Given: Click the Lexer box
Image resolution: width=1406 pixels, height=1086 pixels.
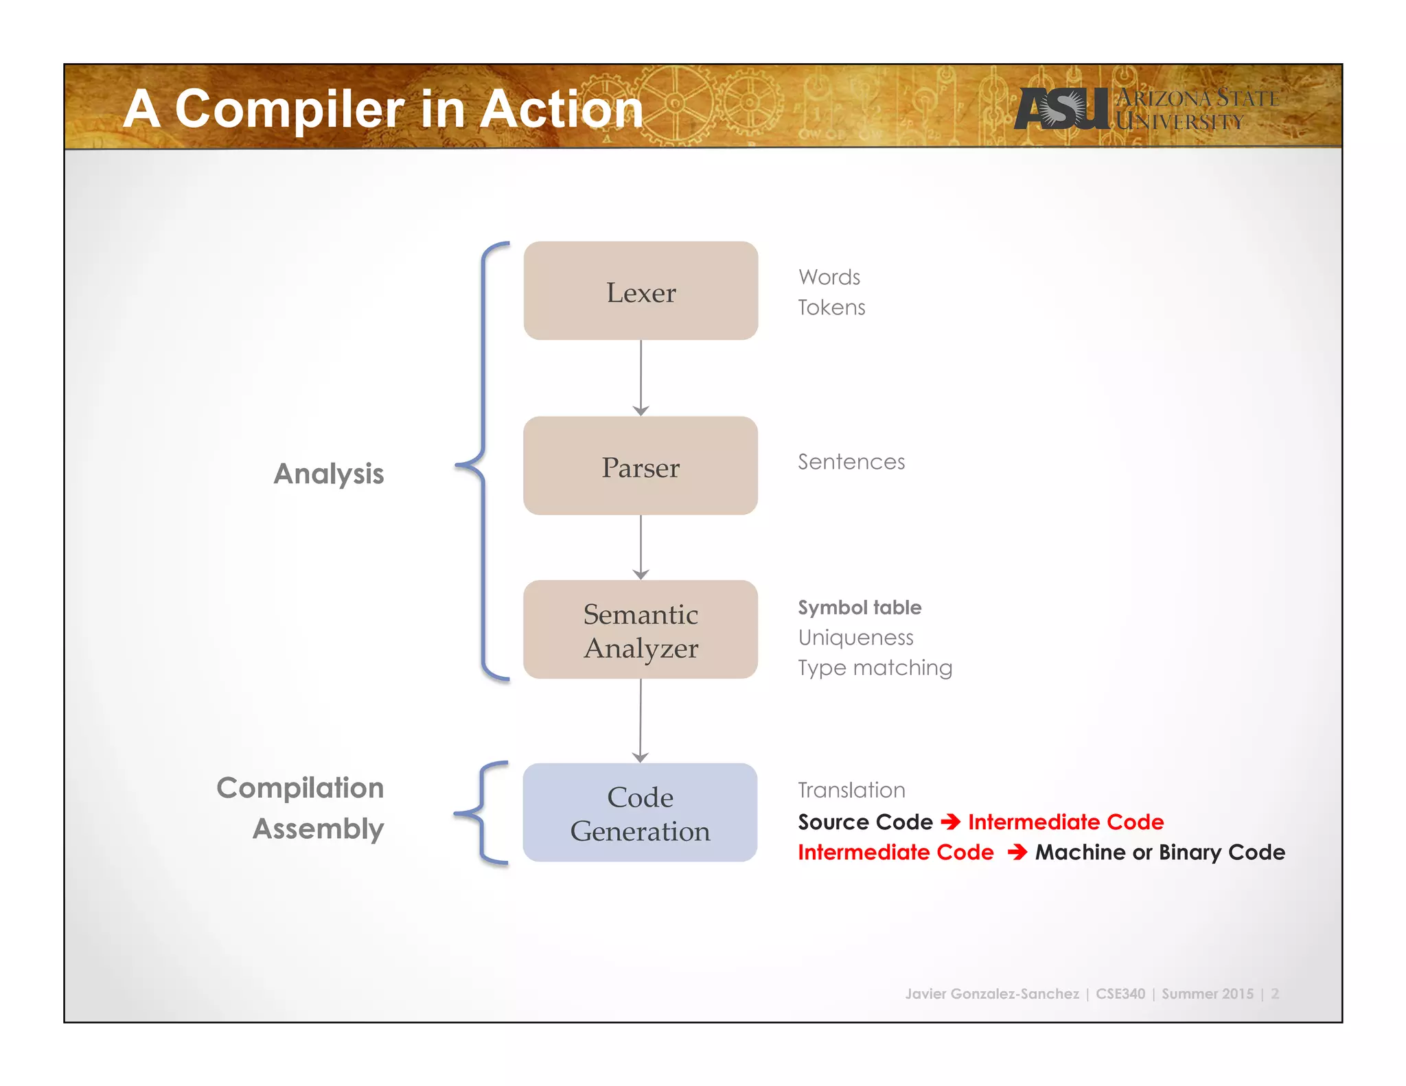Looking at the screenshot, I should point(641,290).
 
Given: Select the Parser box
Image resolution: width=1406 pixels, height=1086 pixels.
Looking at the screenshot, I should point(641,465).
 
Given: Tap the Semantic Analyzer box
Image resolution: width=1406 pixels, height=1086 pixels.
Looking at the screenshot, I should point(641,629).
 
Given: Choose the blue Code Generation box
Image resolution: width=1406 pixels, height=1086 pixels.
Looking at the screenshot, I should point(640,813).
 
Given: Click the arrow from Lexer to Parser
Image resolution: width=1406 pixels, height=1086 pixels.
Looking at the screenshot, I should point(641,378).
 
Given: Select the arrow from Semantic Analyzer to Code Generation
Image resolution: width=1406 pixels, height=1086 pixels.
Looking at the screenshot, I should point(641,721).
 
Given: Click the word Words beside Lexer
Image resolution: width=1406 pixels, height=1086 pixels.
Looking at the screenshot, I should point(829,277).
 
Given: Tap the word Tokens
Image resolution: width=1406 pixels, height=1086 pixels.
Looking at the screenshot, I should point(831,308).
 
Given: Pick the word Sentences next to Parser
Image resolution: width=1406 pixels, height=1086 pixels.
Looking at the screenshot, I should point(851,462).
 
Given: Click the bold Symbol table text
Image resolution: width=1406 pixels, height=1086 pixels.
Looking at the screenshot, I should point(860,608).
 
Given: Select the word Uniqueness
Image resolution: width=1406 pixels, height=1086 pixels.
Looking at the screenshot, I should point(855,638).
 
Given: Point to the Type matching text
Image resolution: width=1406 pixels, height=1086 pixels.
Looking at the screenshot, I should point(875,668).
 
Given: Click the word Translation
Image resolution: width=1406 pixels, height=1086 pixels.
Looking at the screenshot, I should point(851,790).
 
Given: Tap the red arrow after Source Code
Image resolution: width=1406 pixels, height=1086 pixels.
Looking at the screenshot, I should point(950,822).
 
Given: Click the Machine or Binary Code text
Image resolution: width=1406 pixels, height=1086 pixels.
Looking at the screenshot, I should point(1160,853).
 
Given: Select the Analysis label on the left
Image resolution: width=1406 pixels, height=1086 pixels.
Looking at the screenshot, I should point(329,474).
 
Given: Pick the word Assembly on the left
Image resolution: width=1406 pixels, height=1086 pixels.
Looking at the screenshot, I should point(318,829).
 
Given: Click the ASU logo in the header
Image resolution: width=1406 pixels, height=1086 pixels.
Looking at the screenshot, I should point(1061,108).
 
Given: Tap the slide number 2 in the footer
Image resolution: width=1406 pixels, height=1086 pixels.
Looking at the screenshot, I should point(1275,994).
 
